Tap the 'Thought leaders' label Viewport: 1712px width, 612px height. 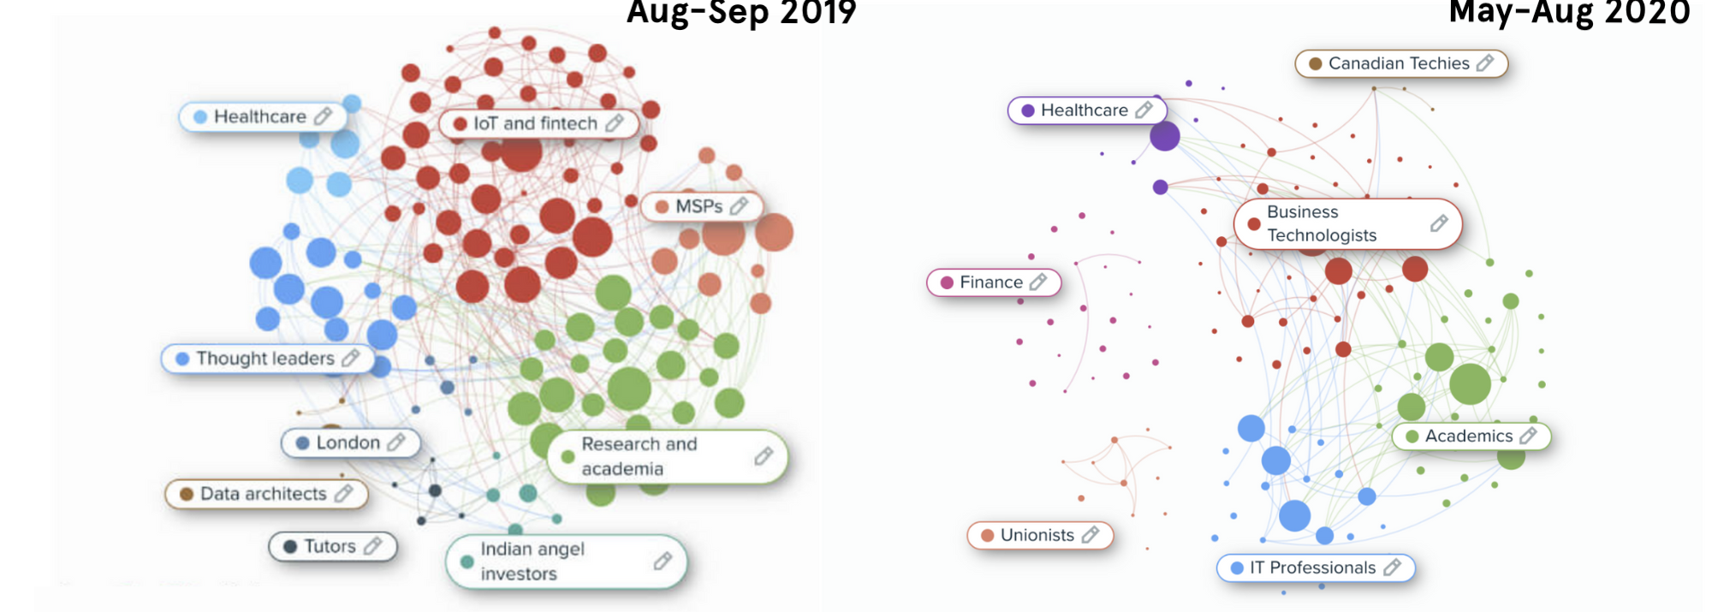point(265,359)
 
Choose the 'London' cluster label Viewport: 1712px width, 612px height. point(348,443)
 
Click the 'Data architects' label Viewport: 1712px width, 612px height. point(263,494)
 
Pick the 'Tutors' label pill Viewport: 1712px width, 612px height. point(330,546)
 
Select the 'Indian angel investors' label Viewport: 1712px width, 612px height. point(532,561)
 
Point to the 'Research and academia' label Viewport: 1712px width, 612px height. point(639,456)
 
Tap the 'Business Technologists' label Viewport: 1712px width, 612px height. point(1322,223)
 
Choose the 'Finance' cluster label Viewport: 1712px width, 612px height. point(990,282)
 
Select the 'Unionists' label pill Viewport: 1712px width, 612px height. point(1037,535)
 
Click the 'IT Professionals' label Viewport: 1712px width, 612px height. point(1312,567)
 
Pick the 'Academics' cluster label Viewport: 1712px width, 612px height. point(1468,436)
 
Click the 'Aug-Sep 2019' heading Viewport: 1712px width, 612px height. point(741,13)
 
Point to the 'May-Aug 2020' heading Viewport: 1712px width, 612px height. point(1569,13)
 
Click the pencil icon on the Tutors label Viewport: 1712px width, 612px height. point(372,546)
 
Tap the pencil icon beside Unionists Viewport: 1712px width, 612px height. point(1090,535)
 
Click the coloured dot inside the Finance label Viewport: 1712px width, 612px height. point(947,282)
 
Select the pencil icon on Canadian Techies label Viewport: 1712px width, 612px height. point(1485,63)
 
